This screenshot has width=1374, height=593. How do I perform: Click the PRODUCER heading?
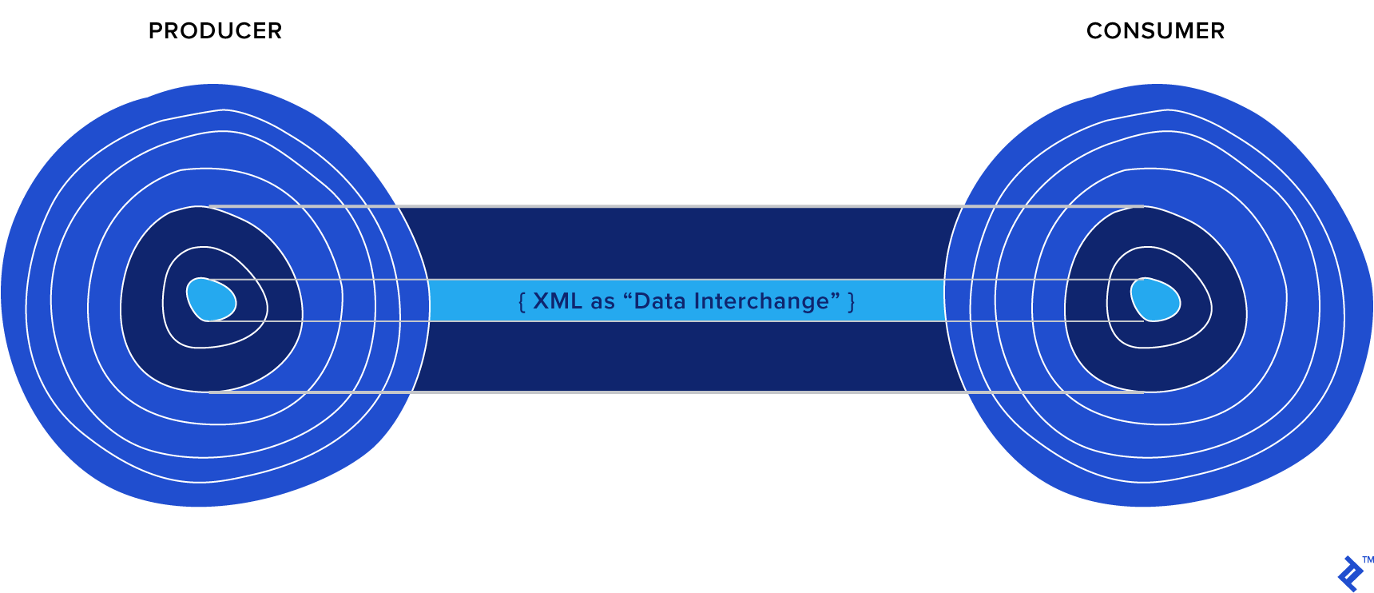[215, 31]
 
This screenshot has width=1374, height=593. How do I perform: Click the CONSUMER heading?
[1155, 31]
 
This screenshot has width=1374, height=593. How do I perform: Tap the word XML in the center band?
[558, 301]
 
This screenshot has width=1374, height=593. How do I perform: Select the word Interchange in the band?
[762, 301]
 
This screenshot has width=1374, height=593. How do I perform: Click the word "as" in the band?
[603, 302]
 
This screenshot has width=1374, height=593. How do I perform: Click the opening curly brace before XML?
[522, 302]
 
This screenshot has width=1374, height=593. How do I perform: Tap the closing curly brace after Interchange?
[852, 302]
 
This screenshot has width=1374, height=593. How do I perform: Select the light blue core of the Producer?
[211, 300]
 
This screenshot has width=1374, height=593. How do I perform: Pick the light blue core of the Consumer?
[1155, 300]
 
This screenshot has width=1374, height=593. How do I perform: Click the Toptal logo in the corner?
[1349, 574]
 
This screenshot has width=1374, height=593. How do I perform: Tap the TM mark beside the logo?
[1368, 559]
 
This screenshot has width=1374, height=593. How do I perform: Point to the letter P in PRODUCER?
[156, 31]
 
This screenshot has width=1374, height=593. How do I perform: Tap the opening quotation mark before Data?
[627, 296]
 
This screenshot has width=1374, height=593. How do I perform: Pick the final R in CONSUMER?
[1217, 31]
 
